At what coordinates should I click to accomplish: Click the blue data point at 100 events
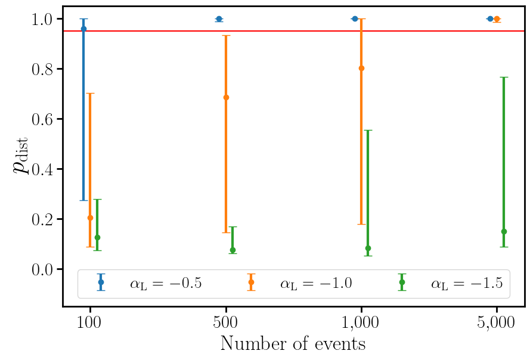click(83, 29)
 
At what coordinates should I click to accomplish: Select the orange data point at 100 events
click(90, 218)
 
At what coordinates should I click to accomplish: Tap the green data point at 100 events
click(97, 237)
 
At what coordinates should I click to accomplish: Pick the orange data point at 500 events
click(226, 97)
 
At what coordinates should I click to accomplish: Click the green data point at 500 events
click(233, 250)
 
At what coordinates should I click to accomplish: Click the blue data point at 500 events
click(219, 19)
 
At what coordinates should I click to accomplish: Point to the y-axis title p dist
click(22, 157)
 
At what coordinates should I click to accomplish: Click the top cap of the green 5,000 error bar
click(504, 77)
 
